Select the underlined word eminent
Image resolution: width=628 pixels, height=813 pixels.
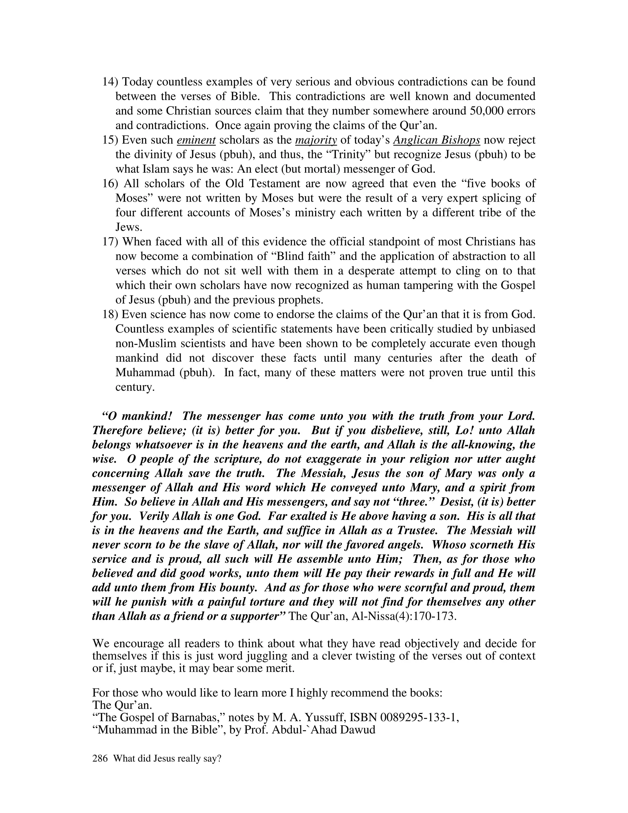[196, 140]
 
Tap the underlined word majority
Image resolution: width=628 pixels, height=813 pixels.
[316, 140]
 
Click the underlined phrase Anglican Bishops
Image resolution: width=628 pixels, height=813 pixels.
[436, 140]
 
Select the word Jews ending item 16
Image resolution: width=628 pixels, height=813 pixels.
[128, 227]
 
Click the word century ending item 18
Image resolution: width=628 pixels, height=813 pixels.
[134, 387]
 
